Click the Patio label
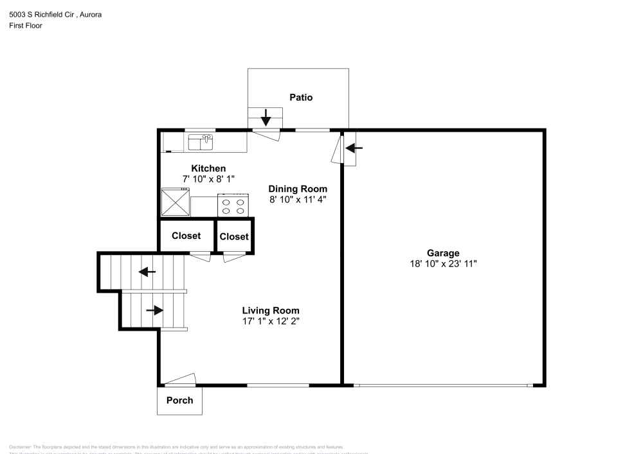[x=301, y=98]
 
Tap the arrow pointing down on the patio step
[x=266, y=118]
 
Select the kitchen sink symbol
[x=201, y=141]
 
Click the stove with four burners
[x=233, y=205]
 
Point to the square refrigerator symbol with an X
[x=175, y=202]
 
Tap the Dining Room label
[x=298, y=189]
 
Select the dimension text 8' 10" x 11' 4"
[x=298, y=199]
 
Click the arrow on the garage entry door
[x=354, y=148]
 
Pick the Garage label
[x=443, y=253]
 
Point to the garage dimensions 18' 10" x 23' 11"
[x=443, y=263]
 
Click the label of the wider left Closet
[x=186, y=236]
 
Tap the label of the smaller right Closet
[x=234, y=236]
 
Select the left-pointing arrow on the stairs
[x=147, y=272]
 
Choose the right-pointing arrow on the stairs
[x=154, y=310]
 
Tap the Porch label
[x=179, y=400]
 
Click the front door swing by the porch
[x=181, y=380]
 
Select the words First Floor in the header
[x=26, y=26]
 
